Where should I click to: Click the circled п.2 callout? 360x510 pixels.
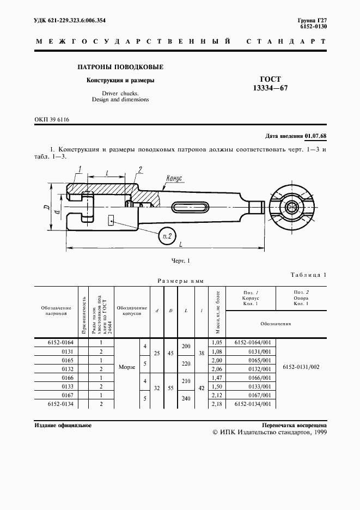pyautogui.click(x=168, y=235)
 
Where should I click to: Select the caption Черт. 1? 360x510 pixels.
pyautogui.click(x=180, y=261)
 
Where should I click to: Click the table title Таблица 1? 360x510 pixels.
pyautogui.click(x=308, y=275)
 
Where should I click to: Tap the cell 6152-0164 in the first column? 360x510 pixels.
pyautogui.click(x=60, y=343)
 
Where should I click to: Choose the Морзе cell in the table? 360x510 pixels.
pyautogui.click(x=127, y=367)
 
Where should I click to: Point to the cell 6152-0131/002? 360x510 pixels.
pyautogui.click(x=302, y=367)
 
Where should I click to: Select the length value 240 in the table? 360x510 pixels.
pyautogui.click(x=186, y=398)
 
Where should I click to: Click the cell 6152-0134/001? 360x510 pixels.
pyautogui.click(x=252, y=404)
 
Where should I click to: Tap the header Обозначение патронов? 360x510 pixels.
pyautogui.click(x=56, y=311)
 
